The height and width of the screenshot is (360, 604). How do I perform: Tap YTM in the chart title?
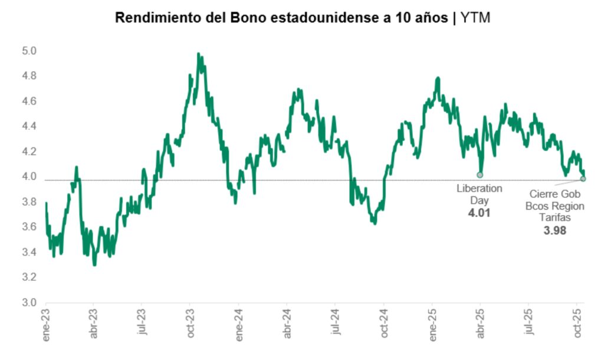[475, 18]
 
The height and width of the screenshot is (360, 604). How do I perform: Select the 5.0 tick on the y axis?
[29, 51]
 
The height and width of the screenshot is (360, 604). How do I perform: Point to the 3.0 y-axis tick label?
[29, 303]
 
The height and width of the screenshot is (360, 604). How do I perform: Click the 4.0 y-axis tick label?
[29, 176]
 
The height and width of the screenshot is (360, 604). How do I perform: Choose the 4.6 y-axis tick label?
[29, 101]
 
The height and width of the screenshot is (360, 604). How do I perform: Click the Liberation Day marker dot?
[480, 175]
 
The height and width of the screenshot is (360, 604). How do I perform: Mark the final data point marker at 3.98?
[583, 179]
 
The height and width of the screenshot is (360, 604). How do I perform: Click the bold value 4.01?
[479, 213]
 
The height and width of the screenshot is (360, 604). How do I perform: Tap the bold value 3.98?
[554, 231]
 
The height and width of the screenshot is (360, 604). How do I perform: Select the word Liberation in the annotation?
[479, 188]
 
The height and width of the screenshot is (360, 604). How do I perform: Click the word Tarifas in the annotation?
[554, 218]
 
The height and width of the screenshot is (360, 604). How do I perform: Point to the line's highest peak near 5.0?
[198, 54]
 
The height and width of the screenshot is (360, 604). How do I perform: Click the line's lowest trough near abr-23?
[94, 265]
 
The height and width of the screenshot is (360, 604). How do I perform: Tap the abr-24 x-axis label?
[287, 324]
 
